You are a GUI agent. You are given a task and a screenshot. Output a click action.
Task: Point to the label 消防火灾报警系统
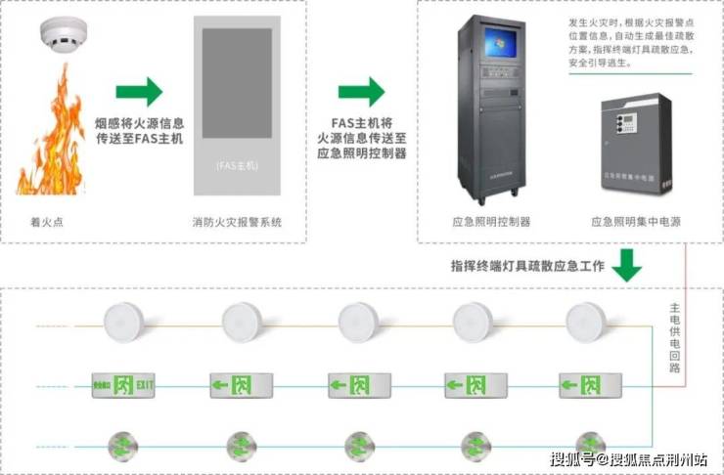tap(238, 222)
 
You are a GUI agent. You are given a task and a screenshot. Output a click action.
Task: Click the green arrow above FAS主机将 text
tap(362, 93)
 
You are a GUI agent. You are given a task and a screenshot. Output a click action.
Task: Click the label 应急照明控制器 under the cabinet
tap(493, 222)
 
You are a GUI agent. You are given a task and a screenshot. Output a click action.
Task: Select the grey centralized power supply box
tap(637, 143)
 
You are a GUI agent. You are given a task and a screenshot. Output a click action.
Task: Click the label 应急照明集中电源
tap(636, 222)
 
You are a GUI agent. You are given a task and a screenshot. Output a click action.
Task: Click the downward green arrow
tap(625, 264)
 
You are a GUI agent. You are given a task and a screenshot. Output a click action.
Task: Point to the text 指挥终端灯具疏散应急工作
tap(524, 265)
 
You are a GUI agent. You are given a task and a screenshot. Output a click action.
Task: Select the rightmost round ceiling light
tap(586, 320)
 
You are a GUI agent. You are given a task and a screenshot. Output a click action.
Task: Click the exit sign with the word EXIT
tap(123, 385)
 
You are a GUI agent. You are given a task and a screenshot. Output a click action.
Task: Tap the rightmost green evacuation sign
tap(586, 385)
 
